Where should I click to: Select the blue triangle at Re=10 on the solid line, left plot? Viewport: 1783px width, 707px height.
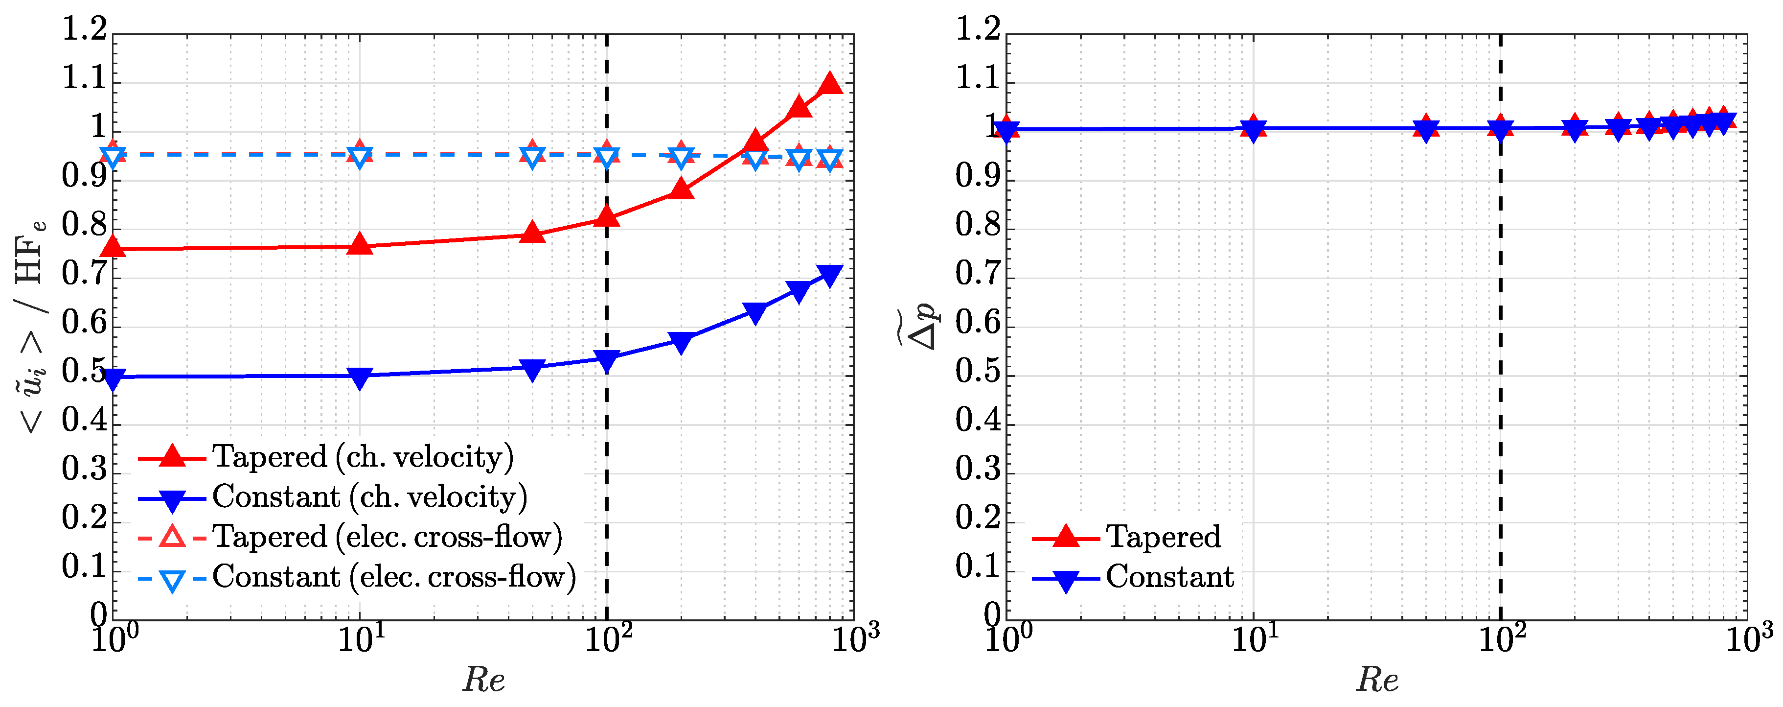click(x=359, y=377)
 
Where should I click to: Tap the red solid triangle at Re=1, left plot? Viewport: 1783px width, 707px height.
click(x=113, y=247)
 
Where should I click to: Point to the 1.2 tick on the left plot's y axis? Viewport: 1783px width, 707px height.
click(x=85, y=30)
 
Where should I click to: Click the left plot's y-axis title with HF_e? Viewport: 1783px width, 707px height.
click(x=31, y=326)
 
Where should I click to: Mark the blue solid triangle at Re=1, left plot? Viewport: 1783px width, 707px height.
click(x=113, y=379)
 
